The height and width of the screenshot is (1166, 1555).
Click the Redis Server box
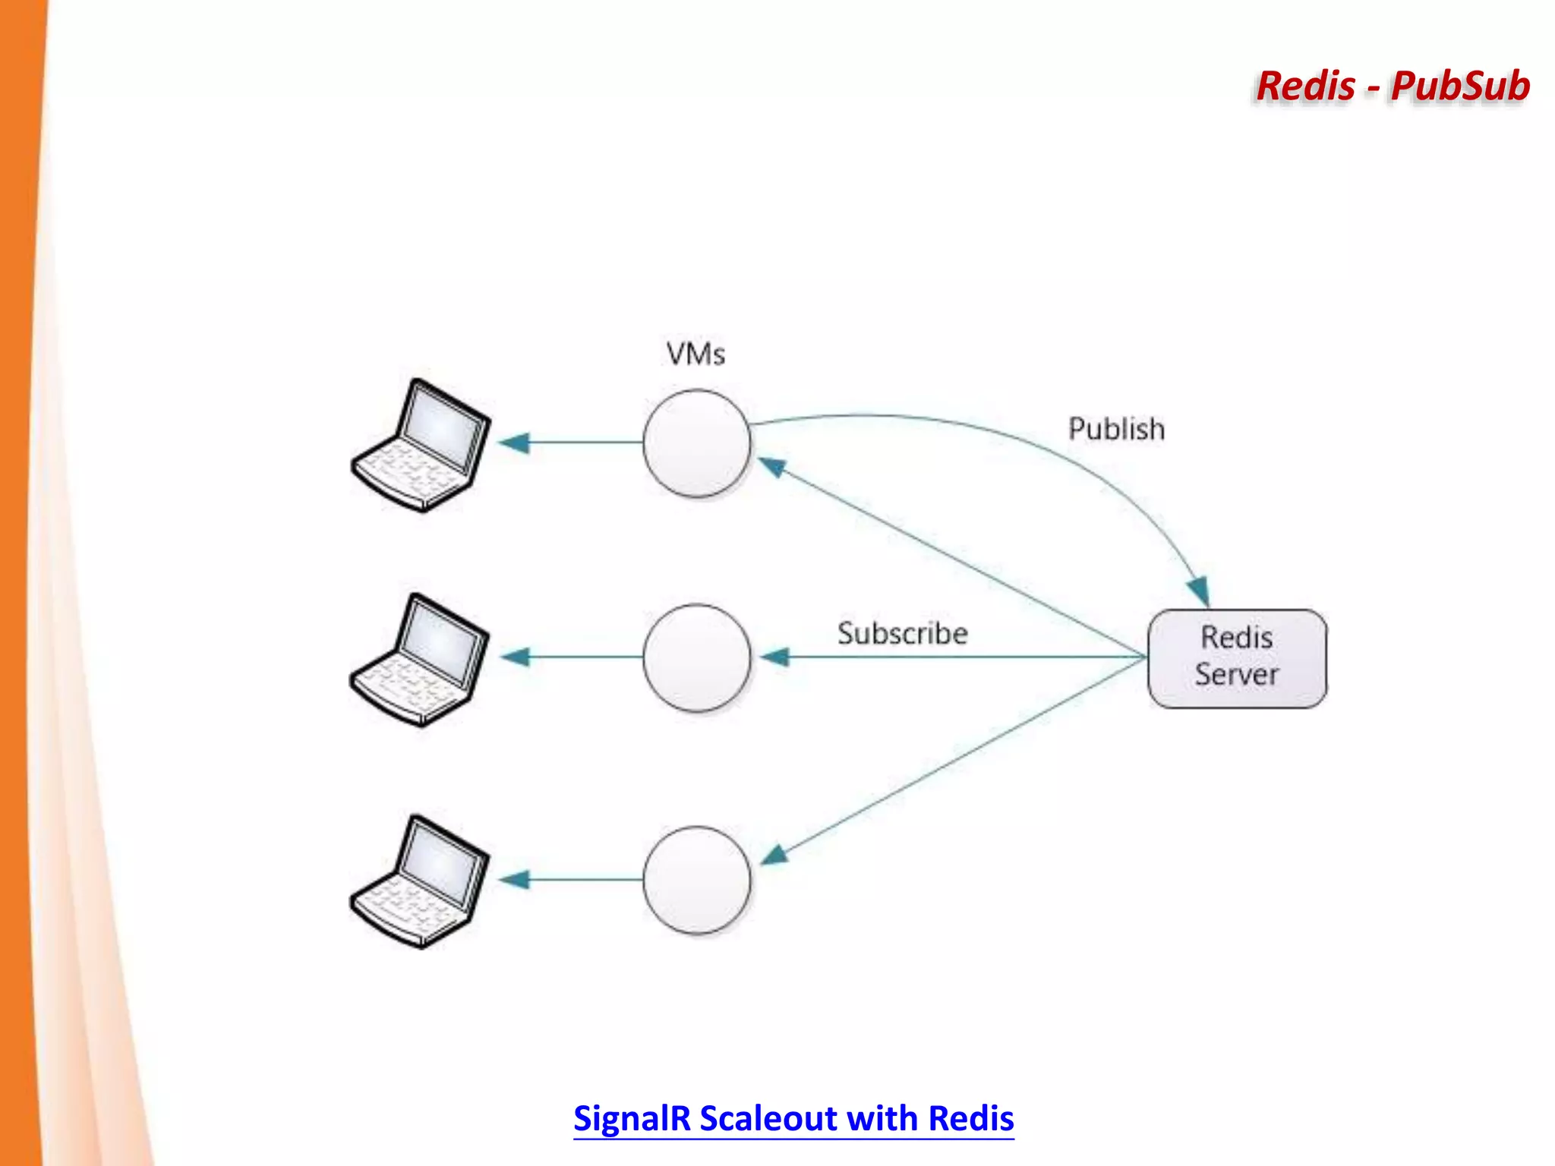(1237, 658)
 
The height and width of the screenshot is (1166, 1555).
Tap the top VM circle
(696, 443)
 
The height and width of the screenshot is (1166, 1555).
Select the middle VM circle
(696, 657)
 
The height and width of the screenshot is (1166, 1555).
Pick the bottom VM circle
(696, 880)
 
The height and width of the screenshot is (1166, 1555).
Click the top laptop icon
(421, 446)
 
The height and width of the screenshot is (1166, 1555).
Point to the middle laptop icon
(420, 660)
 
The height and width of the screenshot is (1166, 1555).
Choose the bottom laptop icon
(420, 882)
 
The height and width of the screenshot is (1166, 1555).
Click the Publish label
(1116, 430)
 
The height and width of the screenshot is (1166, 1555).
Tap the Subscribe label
(902, 634)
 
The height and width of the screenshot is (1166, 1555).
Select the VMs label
(695, 355)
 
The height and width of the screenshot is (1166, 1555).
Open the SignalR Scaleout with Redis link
(793, 1118)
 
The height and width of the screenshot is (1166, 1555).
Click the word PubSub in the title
(1459, 86)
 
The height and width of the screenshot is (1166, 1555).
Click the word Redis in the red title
(1305, 86)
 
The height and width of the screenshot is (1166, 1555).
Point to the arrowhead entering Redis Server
(1199, 591)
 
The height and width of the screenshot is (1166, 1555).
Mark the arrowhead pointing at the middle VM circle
(775, 657)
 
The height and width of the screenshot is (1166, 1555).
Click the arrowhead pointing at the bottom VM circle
(774, 856)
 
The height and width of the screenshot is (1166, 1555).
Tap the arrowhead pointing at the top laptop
(514, 443)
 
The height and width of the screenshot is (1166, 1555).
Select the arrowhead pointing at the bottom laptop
(514, 880)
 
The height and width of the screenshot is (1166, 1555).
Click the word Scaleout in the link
(768, 1118)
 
